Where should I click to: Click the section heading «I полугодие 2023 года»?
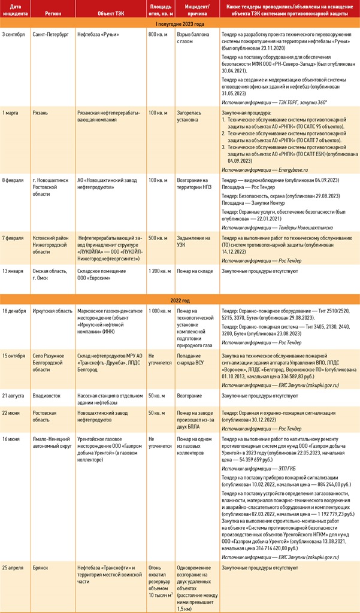(180, 23)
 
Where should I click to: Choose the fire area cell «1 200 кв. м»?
(159, 271)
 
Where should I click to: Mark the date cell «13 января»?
(14, 271)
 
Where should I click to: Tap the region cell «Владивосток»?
(48, 396)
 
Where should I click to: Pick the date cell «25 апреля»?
(14, 565)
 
